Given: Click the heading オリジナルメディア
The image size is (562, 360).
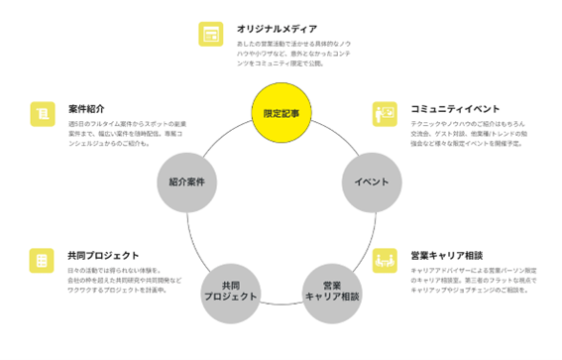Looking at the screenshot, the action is pos(277,29).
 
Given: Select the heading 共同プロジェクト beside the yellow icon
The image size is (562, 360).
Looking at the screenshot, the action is pos(103,255).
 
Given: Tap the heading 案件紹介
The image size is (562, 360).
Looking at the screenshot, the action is pos(87,108).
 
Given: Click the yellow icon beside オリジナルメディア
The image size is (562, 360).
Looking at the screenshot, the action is pos(210,34).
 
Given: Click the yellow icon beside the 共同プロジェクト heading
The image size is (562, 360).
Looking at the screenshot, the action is pos(42,261).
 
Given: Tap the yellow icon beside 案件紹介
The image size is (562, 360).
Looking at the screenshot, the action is pos(42,113).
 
